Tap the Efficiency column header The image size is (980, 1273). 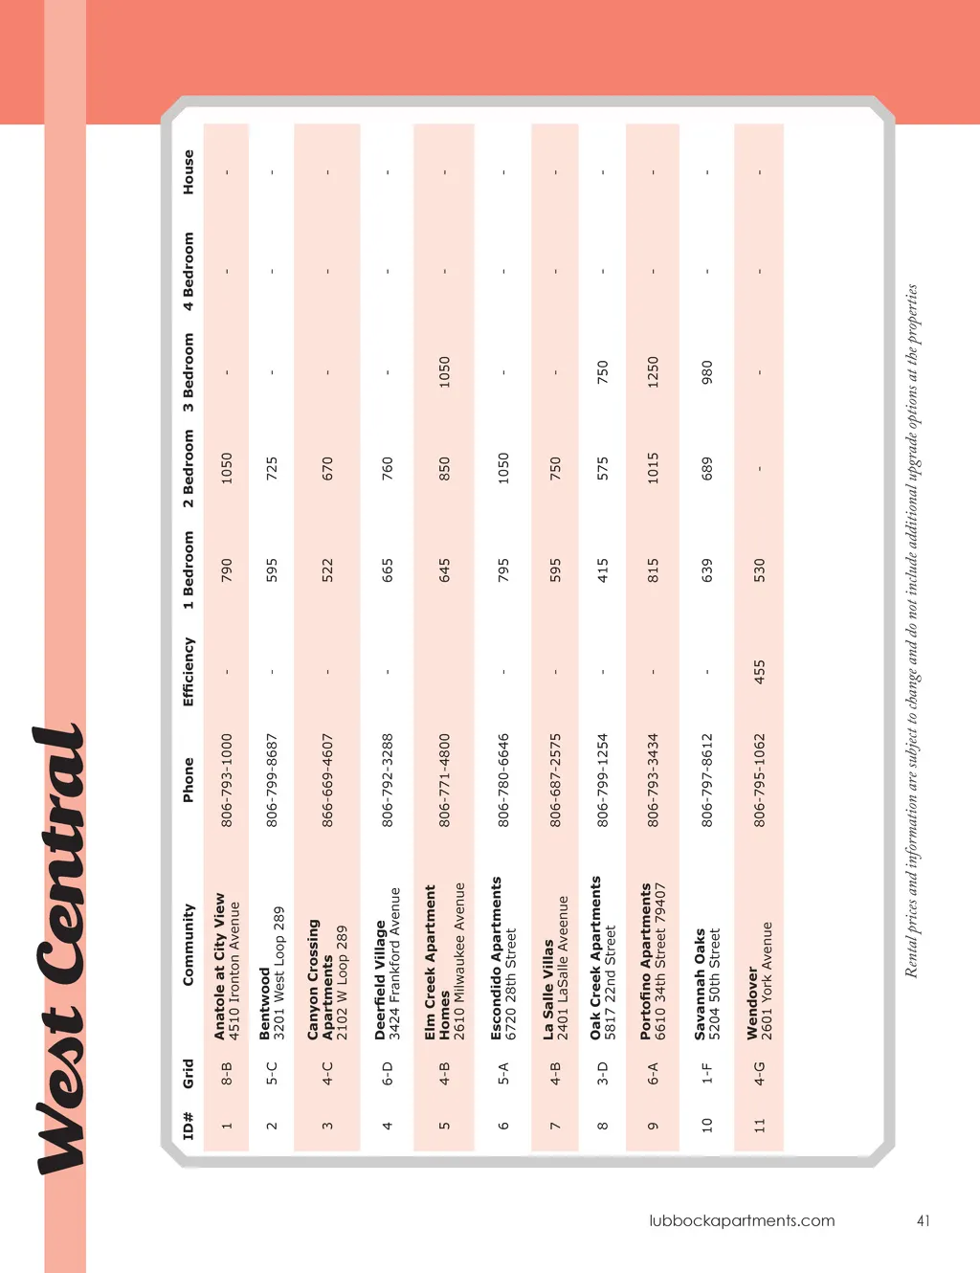pos(189,672)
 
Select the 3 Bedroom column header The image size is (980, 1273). pos(189,371)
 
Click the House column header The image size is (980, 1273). pos(189,172)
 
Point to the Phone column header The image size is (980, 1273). pos(189,780)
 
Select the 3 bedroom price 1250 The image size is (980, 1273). pos(653,371)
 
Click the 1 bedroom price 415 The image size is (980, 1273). pos(602,570)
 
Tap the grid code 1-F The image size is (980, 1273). pos(706,1073)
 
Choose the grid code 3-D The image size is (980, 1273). pos(602,1073)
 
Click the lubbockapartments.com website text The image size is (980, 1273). pos(742,1220)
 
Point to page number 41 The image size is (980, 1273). pos(923,1220)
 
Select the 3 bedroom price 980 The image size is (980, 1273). pos(706,371)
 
